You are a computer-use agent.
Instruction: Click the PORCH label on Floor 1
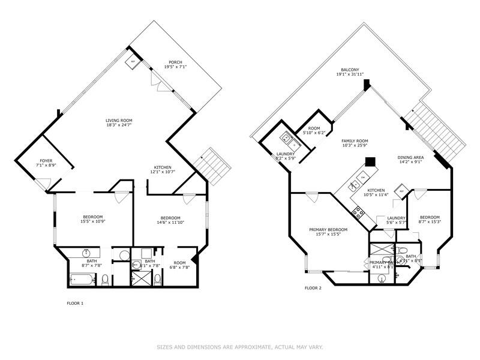(x=175, y=62)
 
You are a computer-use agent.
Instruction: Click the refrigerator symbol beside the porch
(x=133, y=61)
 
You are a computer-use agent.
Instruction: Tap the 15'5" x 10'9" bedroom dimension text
(x=92, y=222)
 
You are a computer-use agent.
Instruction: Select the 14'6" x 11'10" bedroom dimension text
(x=170, y=222)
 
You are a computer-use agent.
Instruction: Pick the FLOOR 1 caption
(x=75, y=303)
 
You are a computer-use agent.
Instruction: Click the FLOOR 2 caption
(x=313, y=288)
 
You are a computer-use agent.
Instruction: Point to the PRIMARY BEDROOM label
(x=328, y=230)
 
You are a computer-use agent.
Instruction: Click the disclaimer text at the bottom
(x=240, y=346)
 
